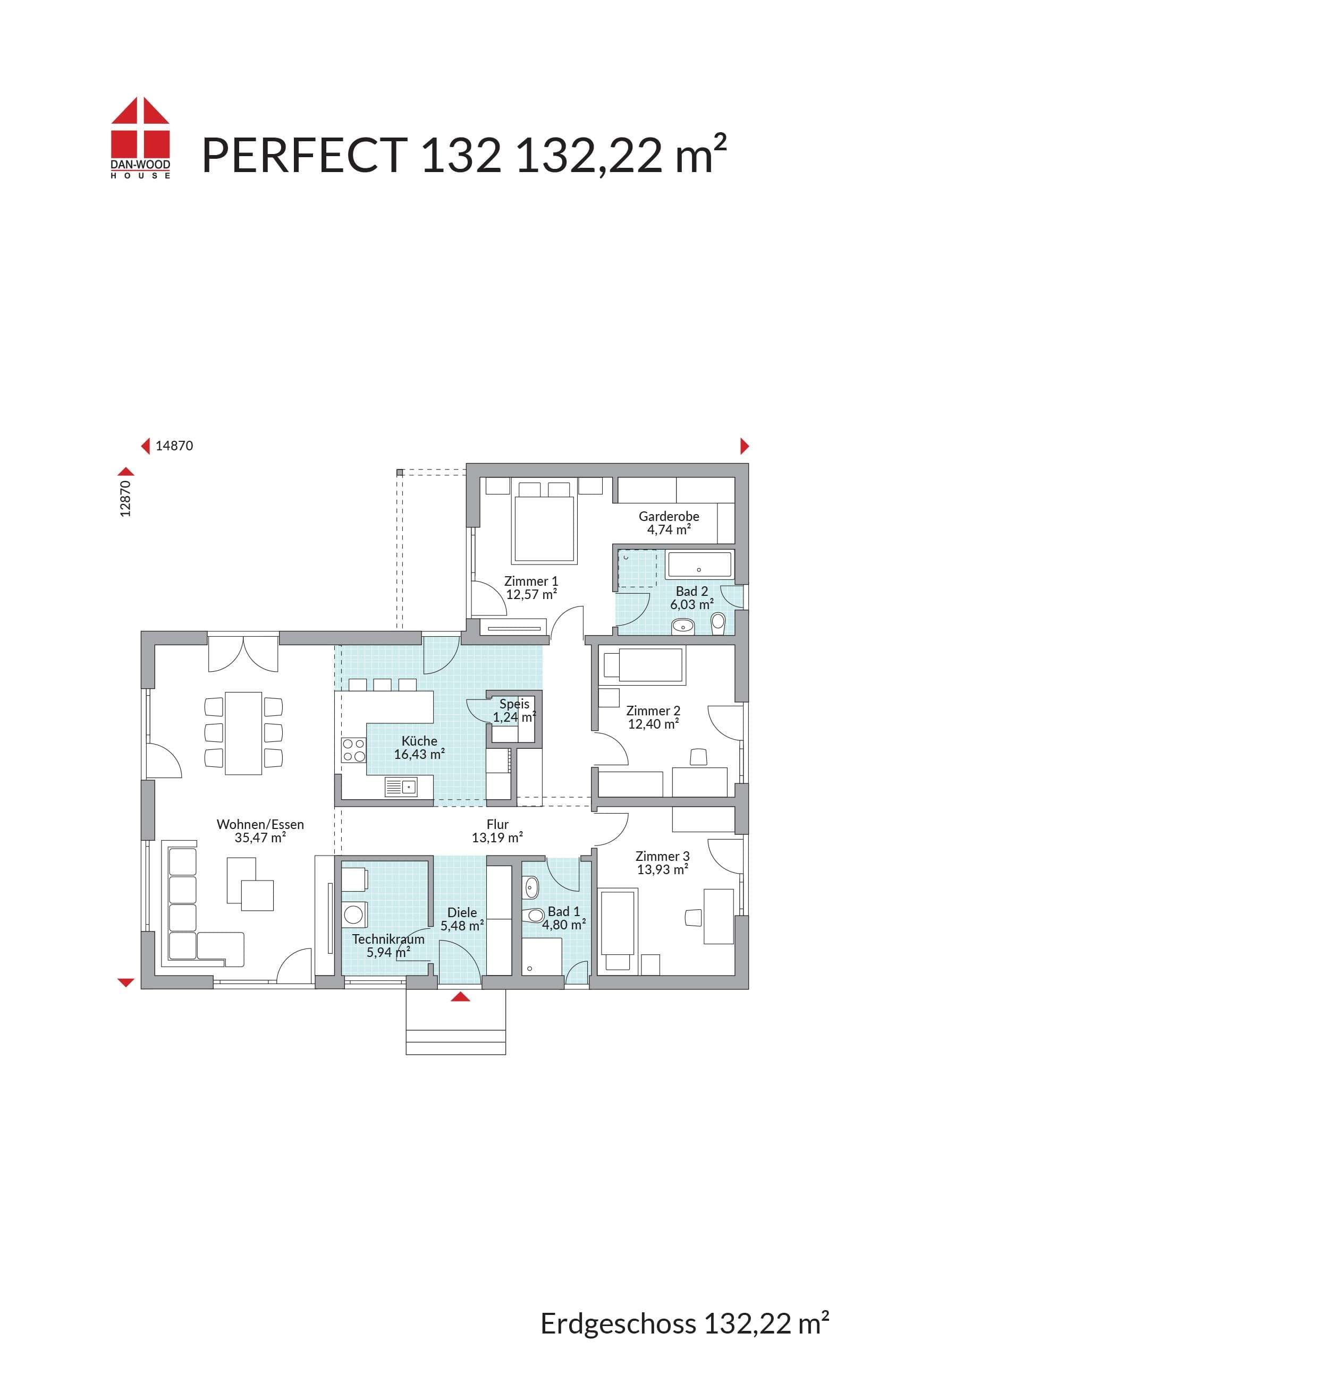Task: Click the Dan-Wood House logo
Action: (140, 138)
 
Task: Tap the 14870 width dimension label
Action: (174, 446)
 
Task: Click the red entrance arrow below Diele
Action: (460, 996)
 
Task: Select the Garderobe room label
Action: (669, 516)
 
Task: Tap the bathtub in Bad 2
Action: (699, 565)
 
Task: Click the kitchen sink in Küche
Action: (401, 787)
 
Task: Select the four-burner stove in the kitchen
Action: (354, 750)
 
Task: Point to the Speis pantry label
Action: (514, 704)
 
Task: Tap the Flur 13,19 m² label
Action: (497, 831)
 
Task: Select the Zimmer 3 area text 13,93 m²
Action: (663, 870)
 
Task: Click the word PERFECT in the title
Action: (304, 155)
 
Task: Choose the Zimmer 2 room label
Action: (653, 711)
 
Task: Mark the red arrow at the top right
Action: (745, 446)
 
